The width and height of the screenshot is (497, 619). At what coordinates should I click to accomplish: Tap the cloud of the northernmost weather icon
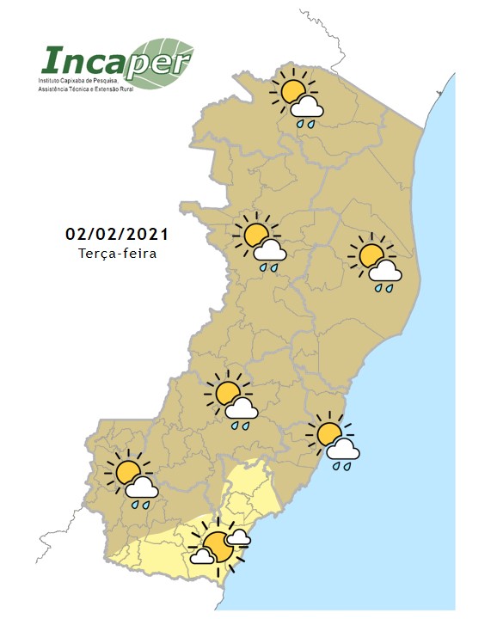(307, 107)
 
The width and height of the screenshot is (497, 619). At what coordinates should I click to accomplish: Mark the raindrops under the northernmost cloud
(306, 124)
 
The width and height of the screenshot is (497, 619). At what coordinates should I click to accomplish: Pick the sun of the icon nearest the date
(255, 233)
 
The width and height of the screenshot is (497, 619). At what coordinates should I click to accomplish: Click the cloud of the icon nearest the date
(270, 251)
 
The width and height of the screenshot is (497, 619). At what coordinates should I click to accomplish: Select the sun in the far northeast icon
(371, 254)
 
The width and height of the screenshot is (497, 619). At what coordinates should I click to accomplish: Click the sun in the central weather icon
(227, 394)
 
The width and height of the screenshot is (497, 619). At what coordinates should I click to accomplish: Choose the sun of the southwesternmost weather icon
(128, 471)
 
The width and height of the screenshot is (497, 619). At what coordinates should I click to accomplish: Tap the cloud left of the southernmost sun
(201, 556)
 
